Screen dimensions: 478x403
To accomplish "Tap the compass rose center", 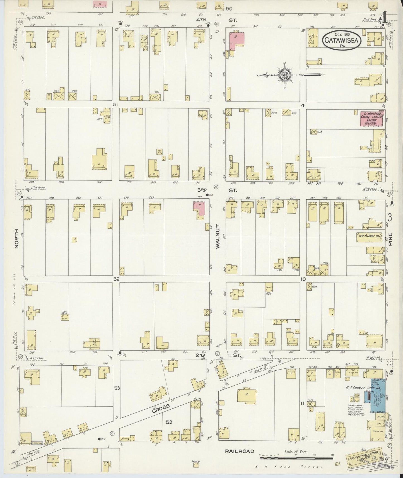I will coord(285,75).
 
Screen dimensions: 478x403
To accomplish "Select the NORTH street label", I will coord(16,238).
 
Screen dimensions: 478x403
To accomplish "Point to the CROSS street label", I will coord(161,408).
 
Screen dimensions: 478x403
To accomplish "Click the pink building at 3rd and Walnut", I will coord(199,209).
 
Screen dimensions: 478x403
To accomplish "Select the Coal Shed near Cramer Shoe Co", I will coord(356,396).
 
